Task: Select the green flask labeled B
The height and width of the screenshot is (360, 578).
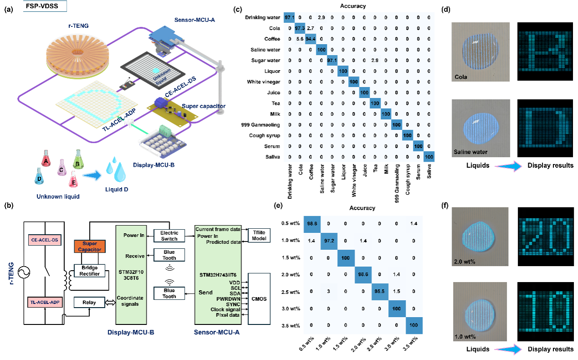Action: click(x=78, y=162)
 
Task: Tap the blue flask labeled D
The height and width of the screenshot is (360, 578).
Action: click(x=40, y=178)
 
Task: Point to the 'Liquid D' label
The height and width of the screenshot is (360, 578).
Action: click(x=116, y=189)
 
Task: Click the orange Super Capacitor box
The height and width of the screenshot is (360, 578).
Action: click(x=89, y=247)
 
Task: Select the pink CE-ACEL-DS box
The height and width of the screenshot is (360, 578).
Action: click(x=44, y=239)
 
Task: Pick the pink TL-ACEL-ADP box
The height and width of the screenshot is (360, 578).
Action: click(x=44, y=302)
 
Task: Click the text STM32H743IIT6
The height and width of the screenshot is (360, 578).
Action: click(x=219, y=275)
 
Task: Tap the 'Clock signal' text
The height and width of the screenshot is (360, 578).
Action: click(x=226, y=309)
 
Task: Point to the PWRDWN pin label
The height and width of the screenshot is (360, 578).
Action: click(x=228, y=298)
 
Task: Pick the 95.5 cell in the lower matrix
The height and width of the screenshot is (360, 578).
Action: click(x=379, y=291)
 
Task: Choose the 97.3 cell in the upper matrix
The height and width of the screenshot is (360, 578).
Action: click(x=300, y=28)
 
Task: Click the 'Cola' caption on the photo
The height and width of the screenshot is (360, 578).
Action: click(x=461, y=77)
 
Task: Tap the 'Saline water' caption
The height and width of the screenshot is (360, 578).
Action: click(x=470, y=152)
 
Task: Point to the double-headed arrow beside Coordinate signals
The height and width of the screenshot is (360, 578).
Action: click(x=110, y=303)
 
